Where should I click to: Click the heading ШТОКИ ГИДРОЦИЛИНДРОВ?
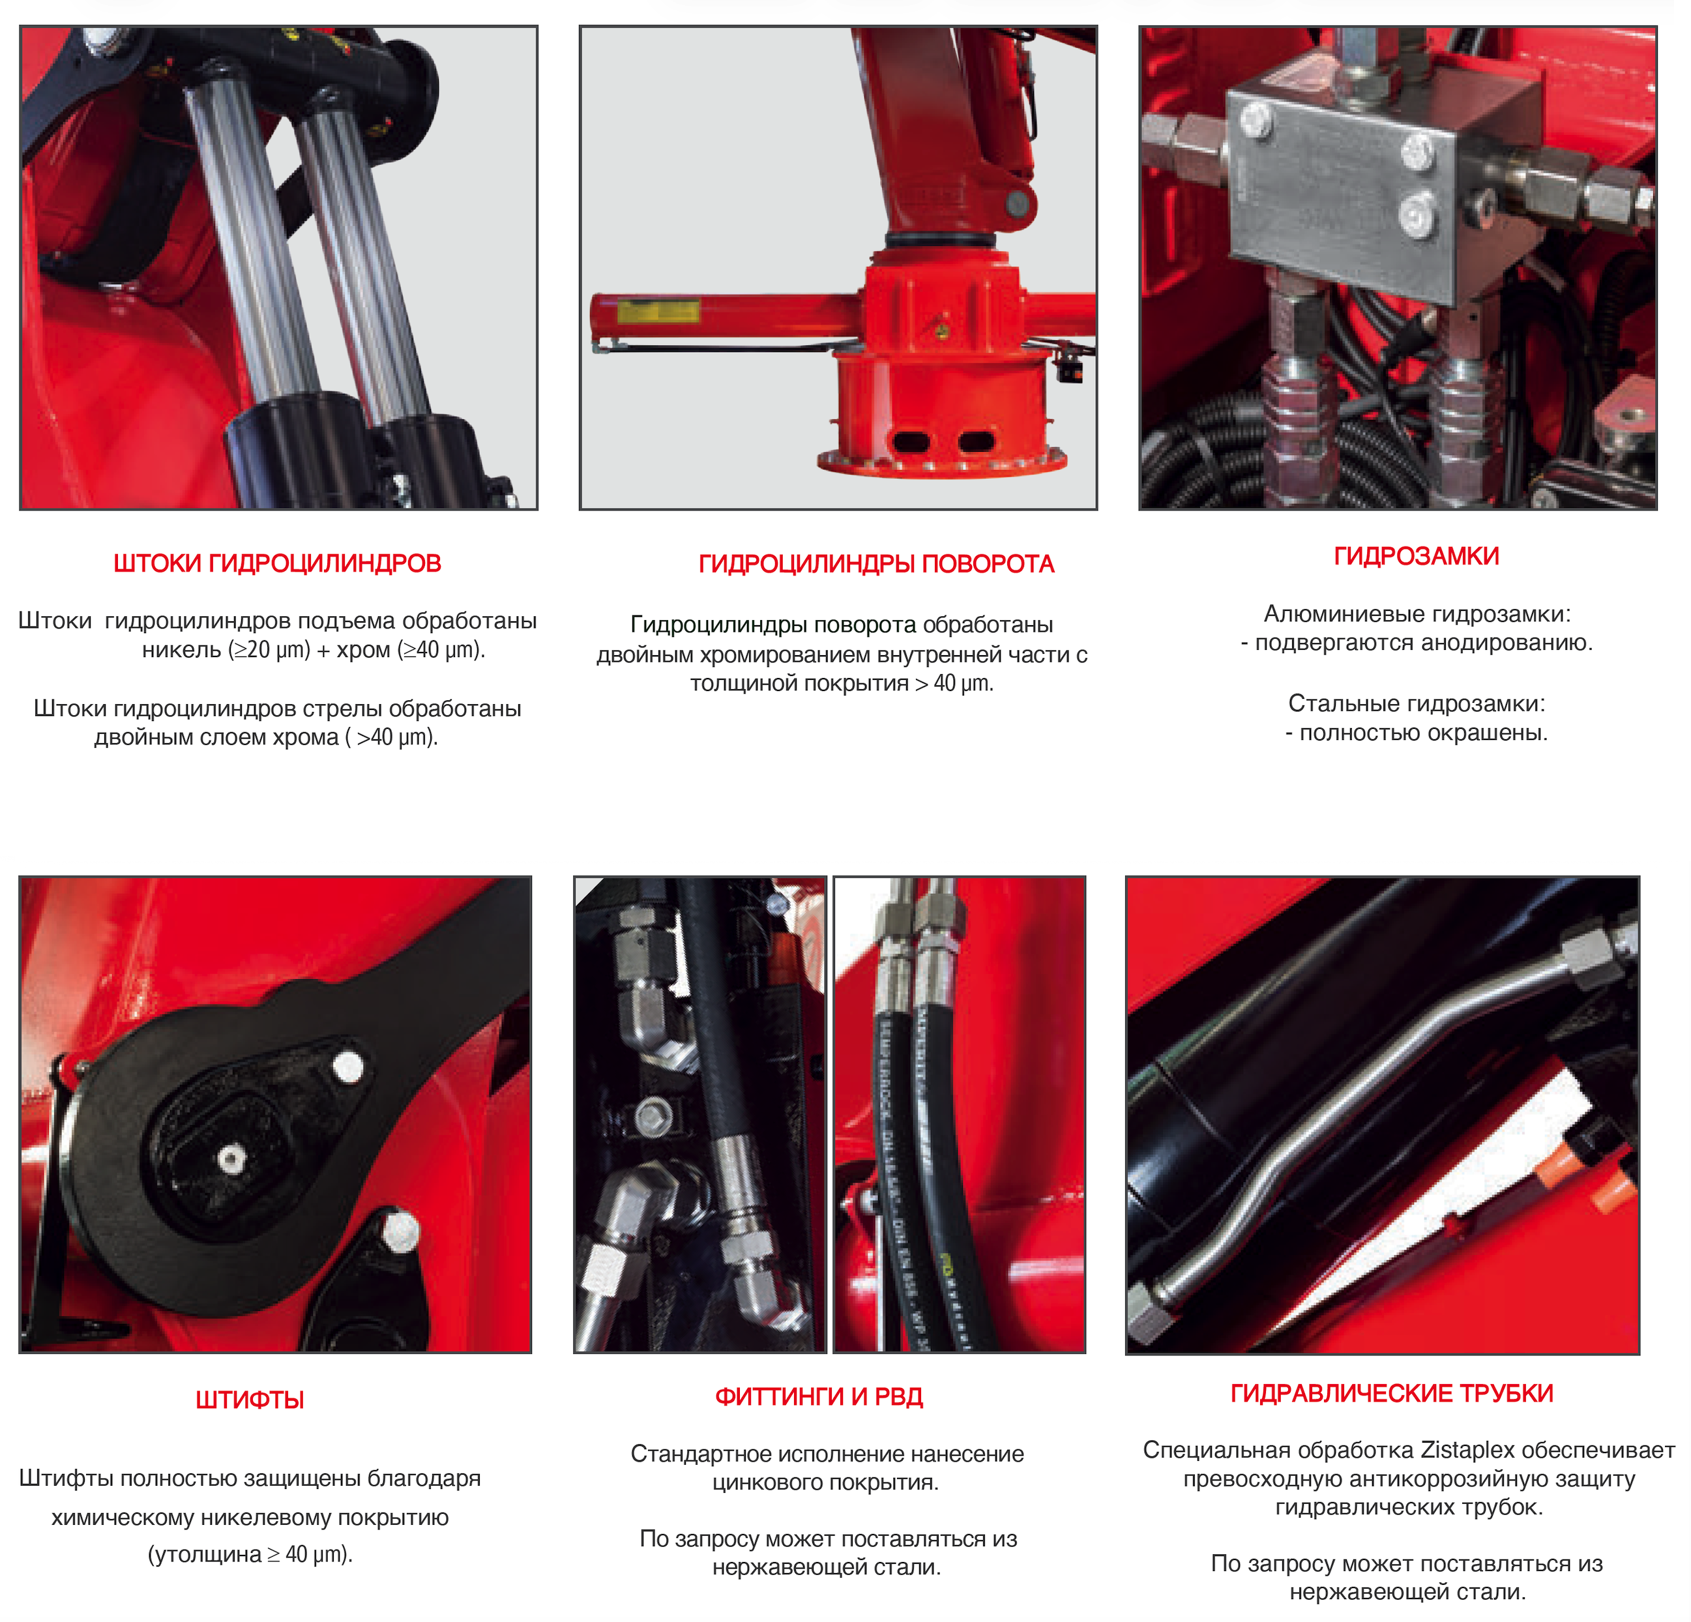[277, 563]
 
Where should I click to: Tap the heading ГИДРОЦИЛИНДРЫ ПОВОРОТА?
[875, 565]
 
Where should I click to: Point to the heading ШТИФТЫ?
[249, 1400]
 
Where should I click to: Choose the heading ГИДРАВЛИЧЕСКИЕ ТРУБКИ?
[1392, 1393]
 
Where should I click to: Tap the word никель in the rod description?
[181, 650]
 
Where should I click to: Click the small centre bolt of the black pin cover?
[230, 1158]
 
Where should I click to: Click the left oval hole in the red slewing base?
[910, 442]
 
